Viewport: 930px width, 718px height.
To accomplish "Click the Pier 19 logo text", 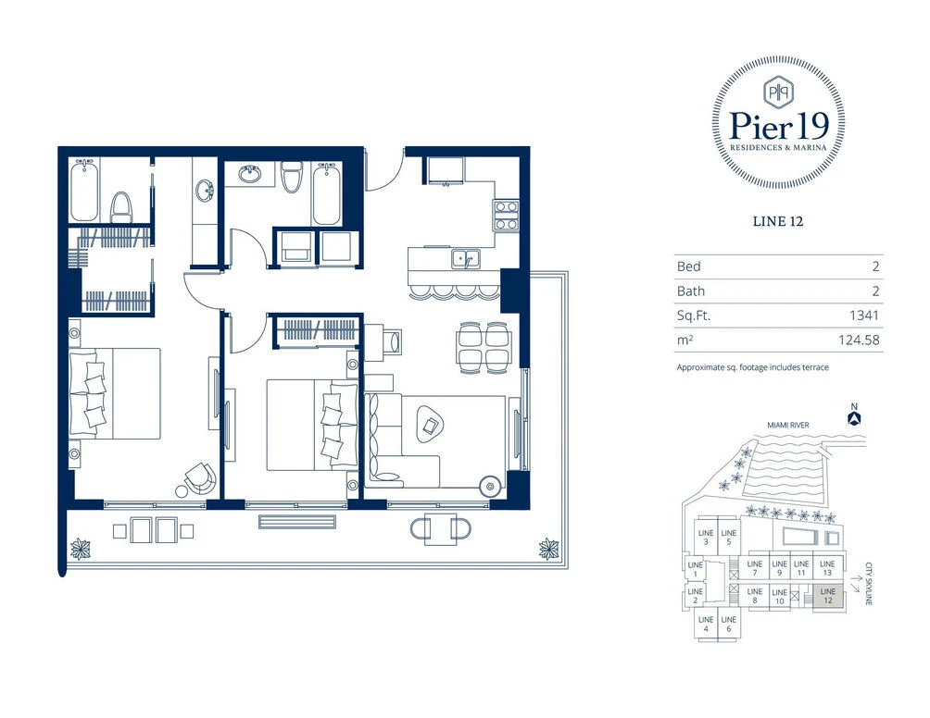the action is pos(778,126).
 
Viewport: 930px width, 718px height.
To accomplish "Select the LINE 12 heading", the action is pos(777,221).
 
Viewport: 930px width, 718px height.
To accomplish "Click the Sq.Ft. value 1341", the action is pos(863,316).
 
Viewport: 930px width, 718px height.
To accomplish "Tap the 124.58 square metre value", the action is pos(859,340).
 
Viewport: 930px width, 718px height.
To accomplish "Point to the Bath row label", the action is pos(691,291).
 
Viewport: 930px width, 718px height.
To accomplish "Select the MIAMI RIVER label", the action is pos(787,425).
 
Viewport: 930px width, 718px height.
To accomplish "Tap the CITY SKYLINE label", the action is pos(869,584).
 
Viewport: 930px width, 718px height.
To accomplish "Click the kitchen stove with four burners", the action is pos(506,215).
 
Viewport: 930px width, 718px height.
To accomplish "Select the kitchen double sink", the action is pos(466,259).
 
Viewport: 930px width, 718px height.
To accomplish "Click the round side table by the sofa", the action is pos(490,487).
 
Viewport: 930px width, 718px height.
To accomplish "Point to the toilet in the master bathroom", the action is pos(121,207).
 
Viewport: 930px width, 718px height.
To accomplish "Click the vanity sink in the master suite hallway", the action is pos(206,191).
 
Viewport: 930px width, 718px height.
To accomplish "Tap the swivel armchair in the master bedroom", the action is pos(200,477).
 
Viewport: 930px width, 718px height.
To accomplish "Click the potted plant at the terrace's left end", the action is pos(80,549).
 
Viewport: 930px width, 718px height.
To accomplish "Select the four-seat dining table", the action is pos(484,348).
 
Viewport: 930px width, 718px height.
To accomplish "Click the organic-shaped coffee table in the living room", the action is pos(431,423).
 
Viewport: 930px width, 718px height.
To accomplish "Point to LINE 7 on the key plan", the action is pos(754,568).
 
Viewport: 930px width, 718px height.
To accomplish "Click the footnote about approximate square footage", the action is pos(753,367).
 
